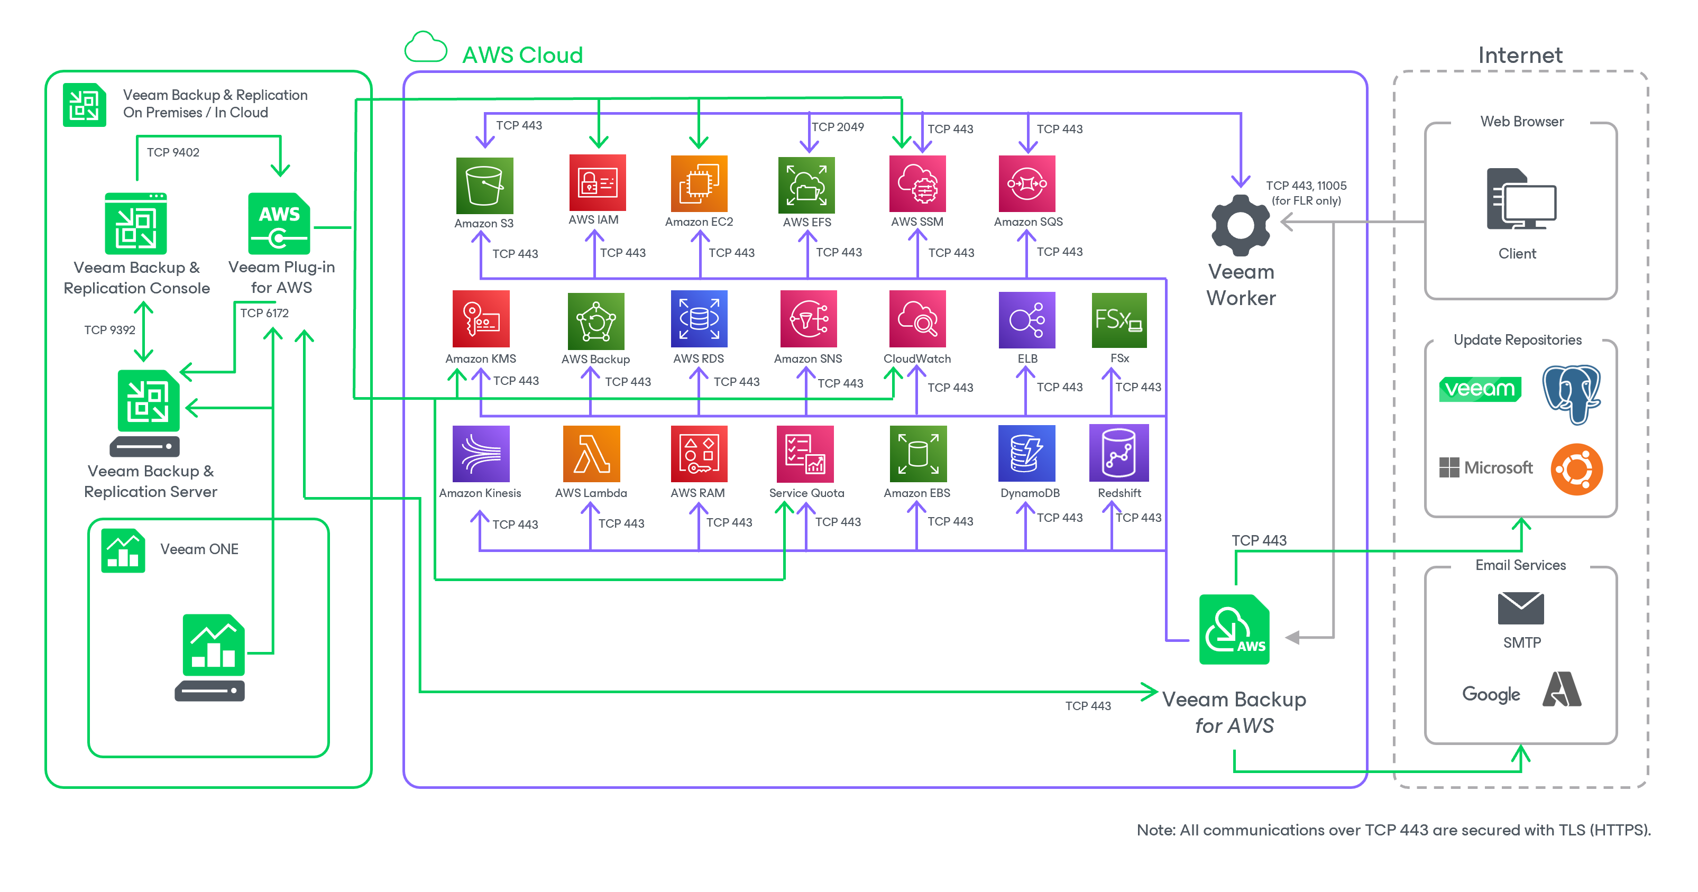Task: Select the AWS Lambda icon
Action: [x=591, y=454]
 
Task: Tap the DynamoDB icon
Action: [x=1026, y=454]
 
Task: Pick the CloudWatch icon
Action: [x=917, y=319]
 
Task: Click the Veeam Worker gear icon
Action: [x=1240, y=225]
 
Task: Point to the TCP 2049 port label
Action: [x=837, y=126]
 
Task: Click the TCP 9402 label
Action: [x=173, y=152]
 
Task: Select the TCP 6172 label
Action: [x=264, y=313]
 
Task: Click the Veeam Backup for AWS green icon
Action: [x=1234, y=630]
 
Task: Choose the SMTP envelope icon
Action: [x=1521, y=608]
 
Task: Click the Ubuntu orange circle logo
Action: [x=1576, y=470]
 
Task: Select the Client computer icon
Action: [x=1521, y=200]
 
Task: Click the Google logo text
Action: [x=1491, y=694]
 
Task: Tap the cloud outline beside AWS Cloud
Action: [x=426, y=48]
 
